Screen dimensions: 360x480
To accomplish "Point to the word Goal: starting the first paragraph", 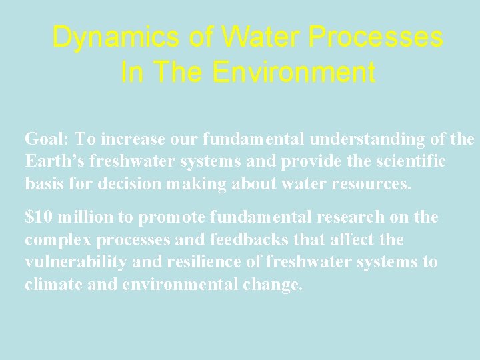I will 47,139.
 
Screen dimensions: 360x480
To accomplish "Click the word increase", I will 136,139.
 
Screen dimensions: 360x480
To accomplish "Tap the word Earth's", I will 53,161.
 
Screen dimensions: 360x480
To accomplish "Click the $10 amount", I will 39,217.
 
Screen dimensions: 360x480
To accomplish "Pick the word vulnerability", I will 75,262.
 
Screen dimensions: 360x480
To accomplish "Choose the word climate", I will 49,285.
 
